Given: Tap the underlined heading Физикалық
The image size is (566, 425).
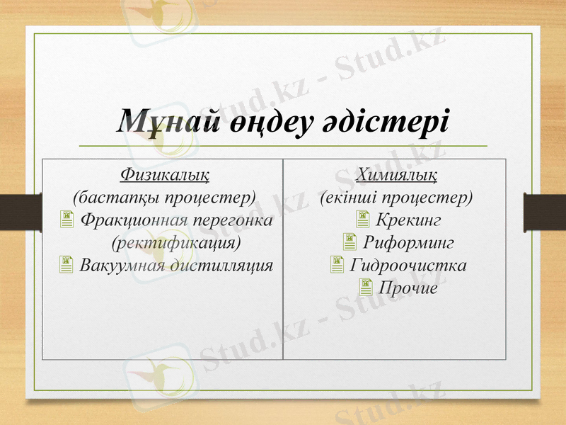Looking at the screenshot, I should (x=165, y=172).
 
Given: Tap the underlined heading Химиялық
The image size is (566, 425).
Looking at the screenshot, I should (x=396, y=172).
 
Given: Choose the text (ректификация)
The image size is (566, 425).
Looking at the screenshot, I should (x=176, y=243).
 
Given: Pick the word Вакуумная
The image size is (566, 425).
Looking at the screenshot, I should (x=121, y=266).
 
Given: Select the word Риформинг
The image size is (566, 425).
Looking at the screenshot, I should (x=408, y=243).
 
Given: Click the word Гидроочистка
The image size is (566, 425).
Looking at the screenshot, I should (x=408, y=266).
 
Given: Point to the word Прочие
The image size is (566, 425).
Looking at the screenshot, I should (x=408, y=289).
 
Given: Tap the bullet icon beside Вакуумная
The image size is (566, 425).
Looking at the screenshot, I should (x=67, y=266).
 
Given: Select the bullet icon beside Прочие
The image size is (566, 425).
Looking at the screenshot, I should (x=365, y=288).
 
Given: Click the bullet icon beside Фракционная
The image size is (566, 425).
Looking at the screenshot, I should (x=67, y=220).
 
